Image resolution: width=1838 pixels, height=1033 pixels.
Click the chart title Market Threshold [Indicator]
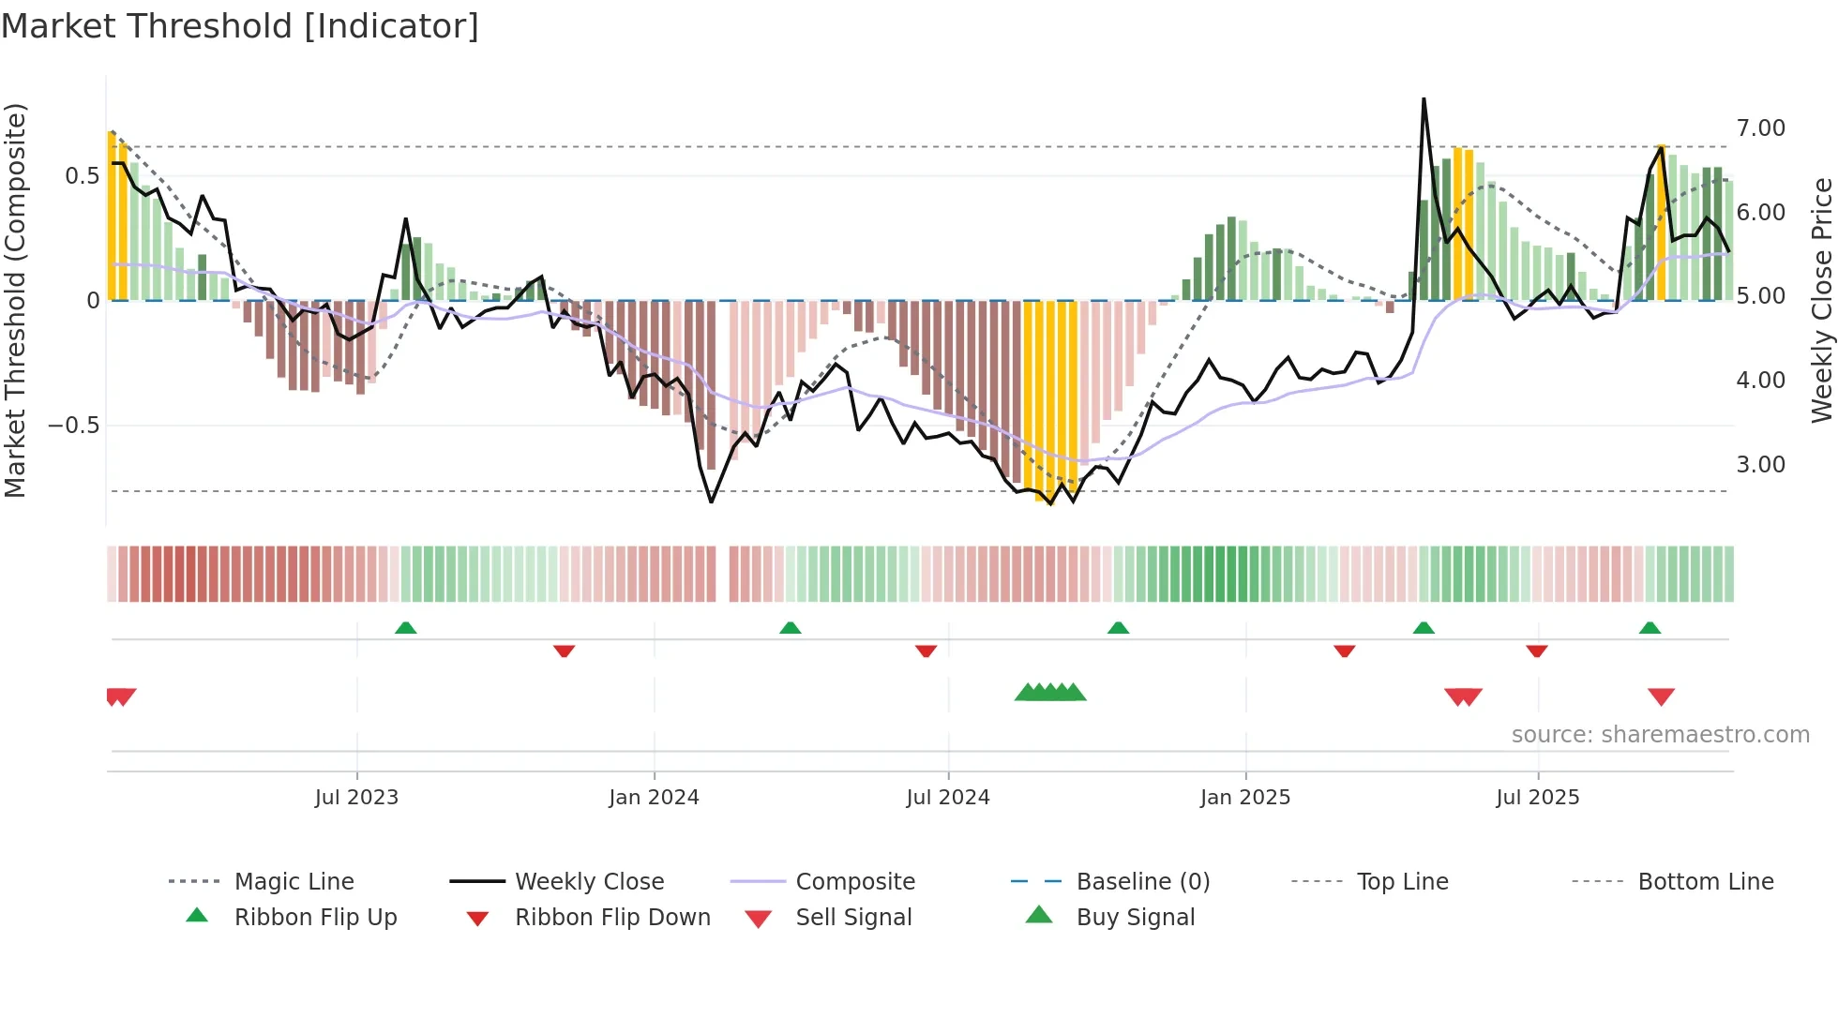click(x=240, y=26)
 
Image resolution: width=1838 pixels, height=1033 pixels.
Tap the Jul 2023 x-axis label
click(x=356, y=798)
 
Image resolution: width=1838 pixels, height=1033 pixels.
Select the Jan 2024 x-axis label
click(x=654, y=798)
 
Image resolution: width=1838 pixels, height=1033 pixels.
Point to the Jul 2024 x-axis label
click(x=948, y=798)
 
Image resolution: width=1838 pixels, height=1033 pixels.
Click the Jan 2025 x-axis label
click(x=1245, y=798)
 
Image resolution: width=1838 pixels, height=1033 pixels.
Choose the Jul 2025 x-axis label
click(x=1538, y=798)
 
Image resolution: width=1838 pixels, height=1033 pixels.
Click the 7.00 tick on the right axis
click(x=1761, y=128)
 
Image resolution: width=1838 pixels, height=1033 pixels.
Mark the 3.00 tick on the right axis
click(x=1761, y=465)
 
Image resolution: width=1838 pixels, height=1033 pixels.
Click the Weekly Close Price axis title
click(x=1821, y=300)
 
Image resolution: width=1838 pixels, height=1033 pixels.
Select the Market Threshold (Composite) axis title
click(x=15, y=300)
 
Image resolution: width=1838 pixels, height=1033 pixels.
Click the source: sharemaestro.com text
click(x=1660, y=735)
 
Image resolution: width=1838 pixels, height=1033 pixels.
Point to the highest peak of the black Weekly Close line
click(x=1424, y=98)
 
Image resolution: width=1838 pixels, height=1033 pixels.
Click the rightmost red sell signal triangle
click(x=1661, y=696)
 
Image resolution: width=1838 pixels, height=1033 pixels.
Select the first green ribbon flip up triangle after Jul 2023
click(x=405, y=628)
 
